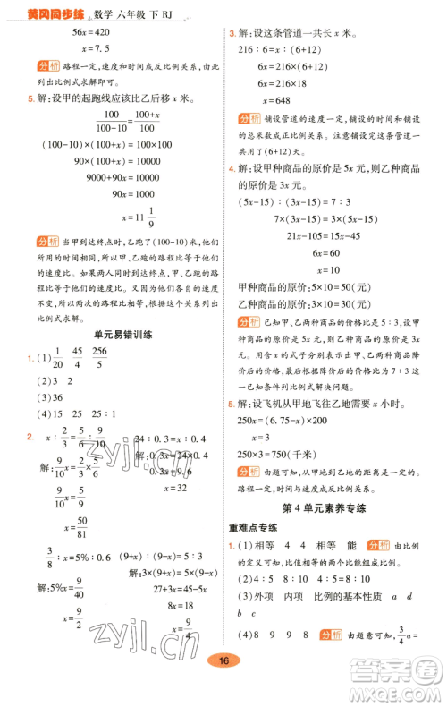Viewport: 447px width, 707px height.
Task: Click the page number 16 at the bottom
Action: pos(224,686)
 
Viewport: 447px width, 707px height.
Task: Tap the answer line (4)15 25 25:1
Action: pos(82,414)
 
